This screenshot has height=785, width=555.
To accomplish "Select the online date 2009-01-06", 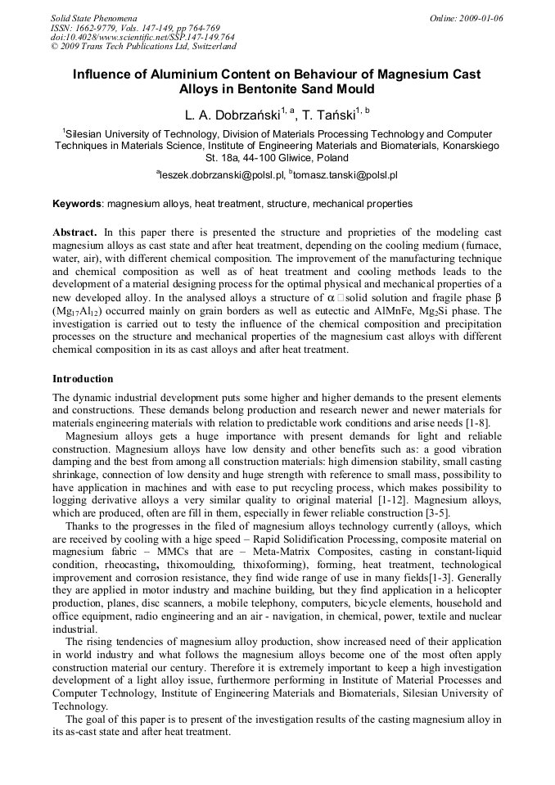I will coord(485,17).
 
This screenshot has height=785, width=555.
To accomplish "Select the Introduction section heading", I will coord(83,379).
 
